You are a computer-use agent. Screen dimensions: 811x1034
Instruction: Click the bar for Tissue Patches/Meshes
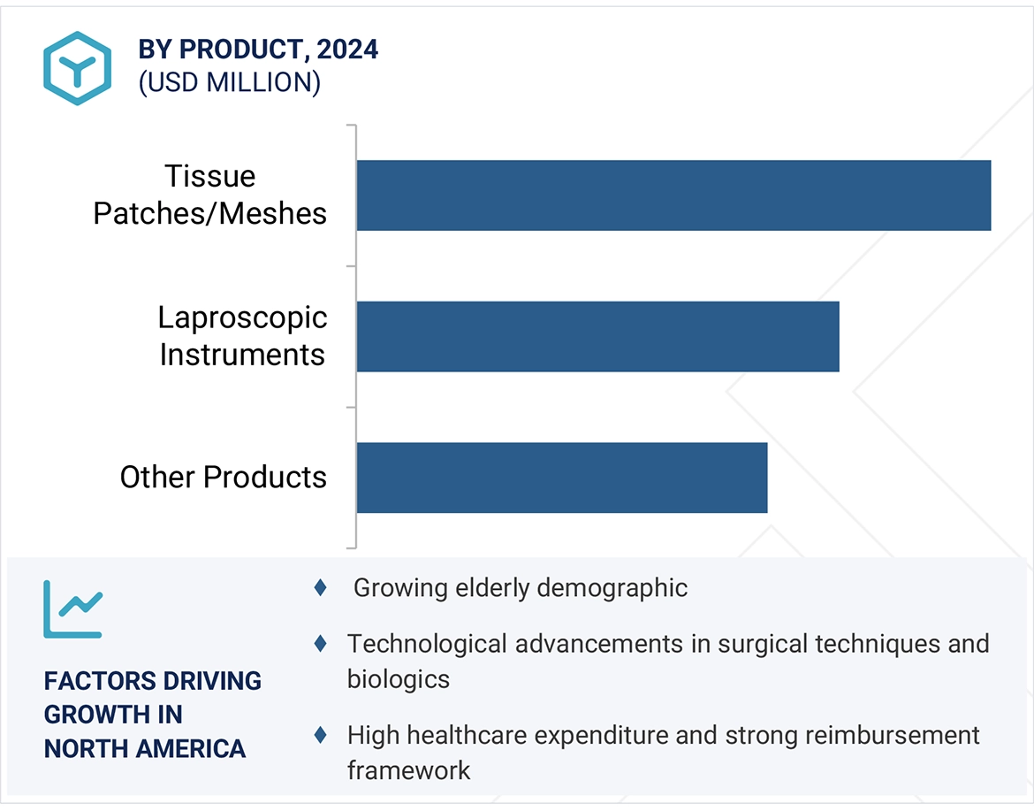[x=673, y=195]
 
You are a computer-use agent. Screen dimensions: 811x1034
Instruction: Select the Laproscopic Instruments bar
[x=597, y=336]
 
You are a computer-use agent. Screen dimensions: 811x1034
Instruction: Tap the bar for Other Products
[x=561, y=478]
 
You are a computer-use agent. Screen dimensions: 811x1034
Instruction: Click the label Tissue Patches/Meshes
[x=210, y=195]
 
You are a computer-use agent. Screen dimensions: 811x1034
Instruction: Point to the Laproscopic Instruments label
[x=242, y=336]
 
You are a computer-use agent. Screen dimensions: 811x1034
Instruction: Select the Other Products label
[x=223, y=478]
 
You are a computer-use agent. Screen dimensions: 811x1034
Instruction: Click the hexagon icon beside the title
[x=77, y=68]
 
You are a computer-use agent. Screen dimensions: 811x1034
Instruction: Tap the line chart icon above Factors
[x=72, y=609]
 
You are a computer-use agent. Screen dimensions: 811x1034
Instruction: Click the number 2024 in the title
[x=347, y=50]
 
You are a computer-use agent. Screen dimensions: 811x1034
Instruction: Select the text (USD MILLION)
[x=229, y=82]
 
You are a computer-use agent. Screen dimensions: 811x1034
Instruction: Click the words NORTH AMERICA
[x=145, y=749]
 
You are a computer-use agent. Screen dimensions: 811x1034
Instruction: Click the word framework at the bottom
[x=408, y=769]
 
